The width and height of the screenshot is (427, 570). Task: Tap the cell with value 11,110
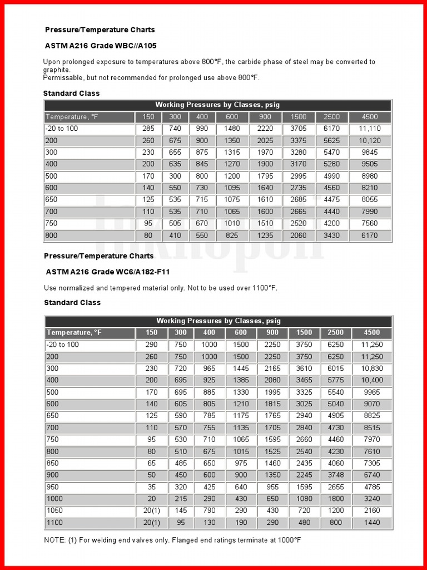(x=370, y=129)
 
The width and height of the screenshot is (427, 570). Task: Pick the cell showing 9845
(x=370, y=152)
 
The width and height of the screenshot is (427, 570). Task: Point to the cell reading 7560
(x=370, y=223)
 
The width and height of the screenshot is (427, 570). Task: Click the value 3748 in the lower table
(x=335, y=475)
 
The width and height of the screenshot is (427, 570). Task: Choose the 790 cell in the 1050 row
(x=210, y=510)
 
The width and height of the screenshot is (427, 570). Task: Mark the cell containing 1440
(x=372, y=523)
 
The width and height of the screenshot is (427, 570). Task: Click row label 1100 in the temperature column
(x=54, y=523)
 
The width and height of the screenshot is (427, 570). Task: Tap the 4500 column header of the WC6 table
(x=372, y=332)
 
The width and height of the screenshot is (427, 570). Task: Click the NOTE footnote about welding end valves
(x=172, y=540)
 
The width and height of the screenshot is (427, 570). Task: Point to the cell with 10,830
(x=372, y=368)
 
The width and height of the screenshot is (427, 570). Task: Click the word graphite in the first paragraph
(x=57, y=70)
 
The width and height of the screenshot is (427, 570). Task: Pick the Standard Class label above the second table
(x=72, y=302)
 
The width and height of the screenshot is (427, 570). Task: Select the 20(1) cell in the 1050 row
(x=151, y=510)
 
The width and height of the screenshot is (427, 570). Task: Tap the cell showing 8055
(x=370, y=199)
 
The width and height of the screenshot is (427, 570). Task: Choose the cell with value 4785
(x=372, y=487)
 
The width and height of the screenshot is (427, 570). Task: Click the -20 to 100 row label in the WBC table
(x=62, y=129)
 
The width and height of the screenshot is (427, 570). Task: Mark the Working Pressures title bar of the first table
(x=218, y=105)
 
